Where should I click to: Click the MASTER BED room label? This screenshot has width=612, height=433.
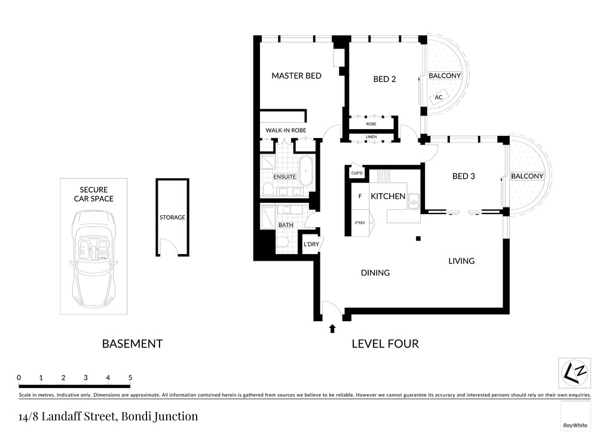point(296,76)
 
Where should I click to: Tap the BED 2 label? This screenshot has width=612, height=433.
point(384,80)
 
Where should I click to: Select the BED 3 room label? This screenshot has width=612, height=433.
point(464,176)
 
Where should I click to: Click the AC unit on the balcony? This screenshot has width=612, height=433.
point(438,97)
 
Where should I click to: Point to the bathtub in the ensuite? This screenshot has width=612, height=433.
point(305,171)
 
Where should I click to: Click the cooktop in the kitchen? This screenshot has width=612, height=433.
point(384,176)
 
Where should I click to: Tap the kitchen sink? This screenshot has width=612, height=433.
point(414,201)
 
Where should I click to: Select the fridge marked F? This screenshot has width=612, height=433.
point(360,196)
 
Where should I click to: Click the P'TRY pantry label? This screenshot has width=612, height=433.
point(360,223)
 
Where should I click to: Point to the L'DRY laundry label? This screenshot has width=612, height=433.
point(311,245)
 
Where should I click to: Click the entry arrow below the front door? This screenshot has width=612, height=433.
point(332,328)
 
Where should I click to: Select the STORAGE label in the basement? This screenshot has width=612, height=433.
point(172,218)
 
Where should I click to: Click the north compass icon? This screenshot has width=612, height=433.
point(574,373)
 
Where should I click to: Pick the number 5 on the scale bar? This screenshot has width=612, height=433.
point(130,377)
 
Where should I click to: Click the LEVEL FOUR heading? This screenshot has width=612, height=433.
point(385,343)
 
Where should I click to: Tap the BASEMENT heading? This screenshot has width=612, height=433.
point(132,343)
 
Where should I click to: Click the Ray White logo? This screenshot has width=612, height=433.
point(576,416)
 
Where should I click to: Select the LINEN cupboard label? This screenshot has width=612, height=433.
point(371,137)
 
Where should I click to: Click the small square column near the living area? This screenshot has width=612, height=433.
point(418,239)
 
